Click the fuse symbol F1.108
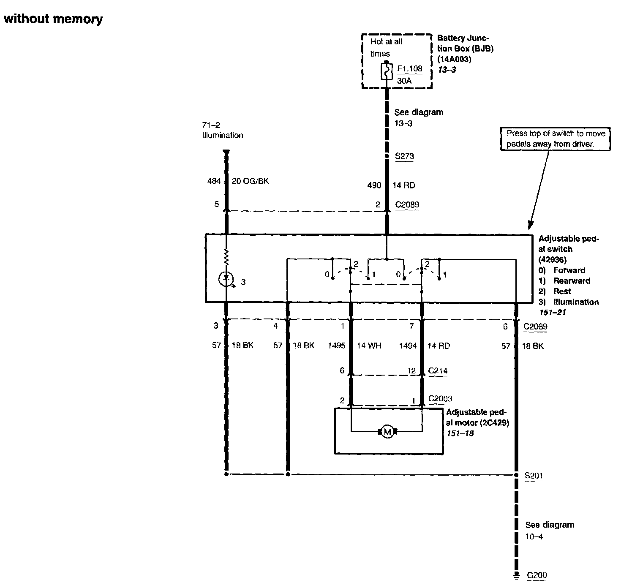pyautogui.click(x=387, y=71)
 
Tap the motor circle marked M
pyautogui.click(x=387, y=431)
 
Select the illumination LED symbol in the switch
pyautogui.click(x=226, y=278)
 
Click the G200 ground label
pyautogui.click(x=537, y=575)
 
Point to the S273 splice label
pyautogui.click(x=404, y=156)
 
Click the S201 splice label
pyautogui.click(x=534, y=476)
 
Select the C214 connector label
pyautogui.click(x=438, y=371)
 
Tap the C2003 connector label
pyautogui.click(x=440, y=399)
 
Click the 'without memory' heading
pyautogui.click(x=53, y=19)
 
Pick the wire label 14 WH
pyautogui.click(x=369, y=346)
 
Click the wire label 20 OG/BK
pyautogui.click(x=250, y=181)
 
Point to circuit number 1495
pyautogui.click(x=337, y=346)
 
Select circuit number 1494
pyautogui.click(x=408, y=346)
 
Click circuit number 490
pyautogui.click(x=374, y=185)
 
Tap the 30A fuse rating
pyautogui.click(x=404, y=80)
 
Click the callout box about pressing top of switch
pyautogui.click(x=556, y=139)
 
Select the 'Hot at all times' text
pyautogui.click(x=386, y=47)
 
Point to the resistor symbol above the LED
pyautogui.click(x=226, y=256)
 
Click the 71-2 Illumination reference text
pyautogui.click(x=222, y=130)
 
